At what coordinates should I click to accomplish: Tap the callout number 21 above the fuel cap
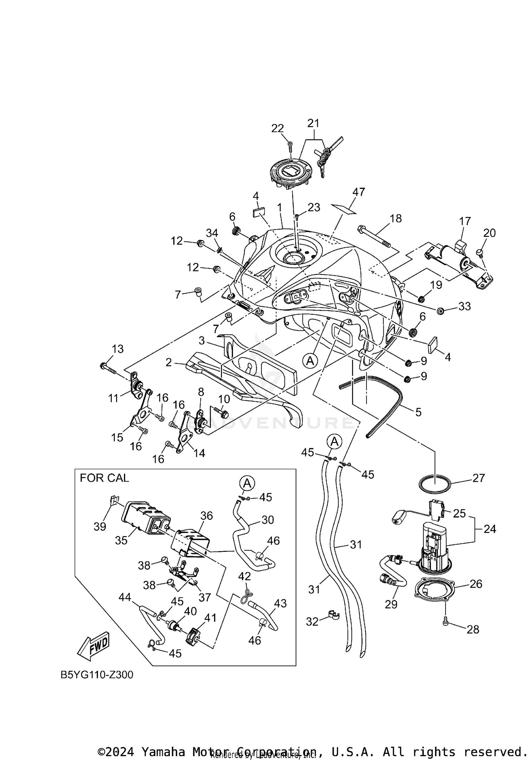[313, 123]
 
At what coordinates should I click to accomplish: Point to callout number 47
[359, 192]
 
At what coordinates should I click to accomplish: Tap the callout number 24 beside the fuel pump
[490, 529]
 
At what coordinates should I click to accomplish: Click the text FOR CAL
[104, 478]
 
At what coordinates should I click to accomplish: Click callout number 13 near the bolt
[118, 349]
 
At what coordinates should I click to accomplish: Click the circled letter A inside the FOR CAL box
[247, 483]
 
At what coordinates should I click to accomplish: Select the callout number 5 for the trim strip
[418, 412]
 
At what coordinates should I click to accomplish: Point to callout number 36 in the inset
[207, 516]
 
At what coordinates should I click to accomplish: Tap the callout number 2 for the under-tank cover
[169, 362]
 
